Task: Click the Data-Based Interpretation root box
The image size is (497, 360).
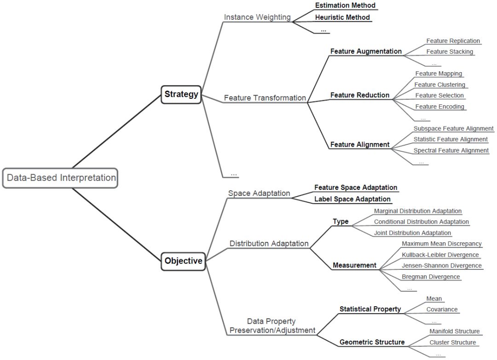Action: tap(60, 177)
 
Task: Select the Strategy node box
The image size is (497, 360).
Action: tap(181, 94)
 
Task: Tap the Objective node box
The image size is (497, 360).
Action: tap(183, 261)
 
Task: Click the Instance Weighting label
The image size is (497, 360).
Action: tap(257, 17)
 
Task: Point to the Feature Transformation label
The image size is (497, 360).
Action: tap(265, 97)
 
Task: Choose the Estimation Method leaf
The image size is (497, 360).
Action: tap(345, 6)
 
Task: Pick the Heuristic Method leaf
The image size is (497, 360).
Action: tap(342, 17)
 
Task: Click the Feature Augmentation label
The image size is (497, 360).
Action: tap(366, 51)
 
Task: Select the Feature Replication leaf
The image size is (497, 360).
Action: tap(453, 41)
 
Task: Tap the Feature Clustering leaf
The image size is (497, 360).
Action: tap(439, 85)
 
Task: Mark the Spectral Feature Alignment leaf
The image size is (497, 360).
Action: tap(451, 150)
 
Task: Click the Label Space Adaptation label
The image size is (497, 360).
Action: tap(352, 199)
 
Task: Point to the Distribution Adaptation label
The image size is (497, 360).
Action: tap(269, 243)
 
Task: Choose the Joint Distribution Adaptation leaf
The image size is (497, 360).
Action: tap(412, 233)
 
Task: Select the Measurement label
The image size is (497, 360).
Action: tap(354, 265)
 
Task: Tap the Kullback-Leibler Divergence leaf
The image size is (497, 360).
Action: tap(440, 255)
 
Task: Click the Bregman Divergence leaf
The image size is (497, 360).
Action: tap(431, 276)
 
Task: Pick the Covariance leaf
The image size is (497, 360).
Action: tap(442, 309)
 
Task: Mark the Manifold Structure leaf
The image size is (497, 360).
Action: tap(454, 331)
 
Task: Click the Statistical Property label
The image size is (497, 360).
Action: tap(370, 309)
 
